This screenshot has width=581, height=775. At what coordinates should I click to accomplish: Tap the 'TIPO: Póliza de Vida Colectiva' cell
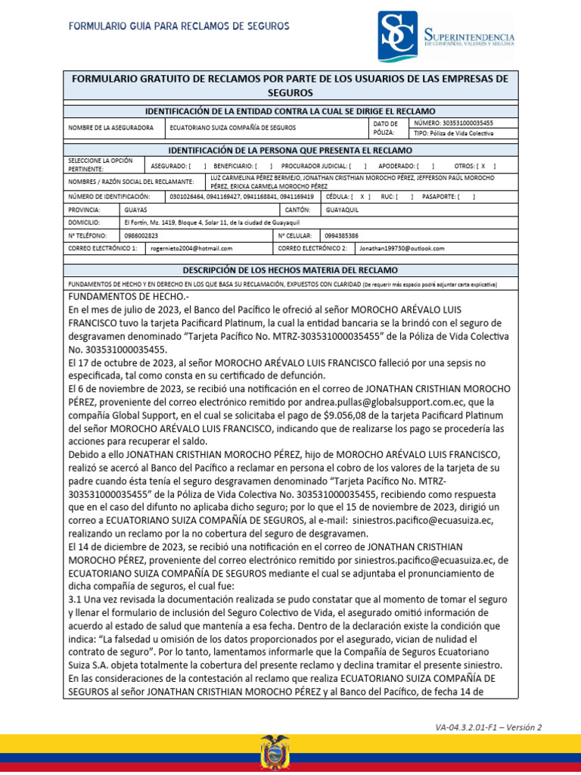pos(454,133)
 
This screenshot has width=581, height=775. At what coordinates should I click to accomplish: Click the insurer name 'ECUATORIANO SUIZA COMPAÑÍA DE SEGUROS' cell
pos(232,128)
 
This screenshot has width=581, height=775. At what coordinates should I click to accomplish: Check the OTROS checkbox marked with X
pos(483,165)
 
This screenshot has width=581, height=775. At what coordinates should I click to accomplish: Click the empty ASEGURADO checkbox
pos(196,165)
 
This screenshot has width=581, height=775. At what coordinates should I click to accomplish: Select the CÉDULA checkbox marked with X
pos(365,196)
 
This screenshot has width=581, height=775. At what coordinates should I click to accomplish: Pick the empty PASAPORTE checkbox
pos(468,196)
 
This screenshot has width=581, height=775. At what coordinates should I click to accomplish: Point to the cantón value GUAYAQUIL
pos(342,210)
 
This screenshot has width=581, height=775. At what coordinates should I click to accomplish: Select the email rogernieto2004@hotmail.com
pos(191,248)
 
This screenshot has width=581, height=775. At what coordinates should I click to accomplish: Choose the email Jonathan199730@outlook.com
pos(402,248)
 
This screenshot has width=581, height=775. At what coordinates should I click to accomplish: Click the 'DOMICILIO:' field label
pos(84,223)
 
